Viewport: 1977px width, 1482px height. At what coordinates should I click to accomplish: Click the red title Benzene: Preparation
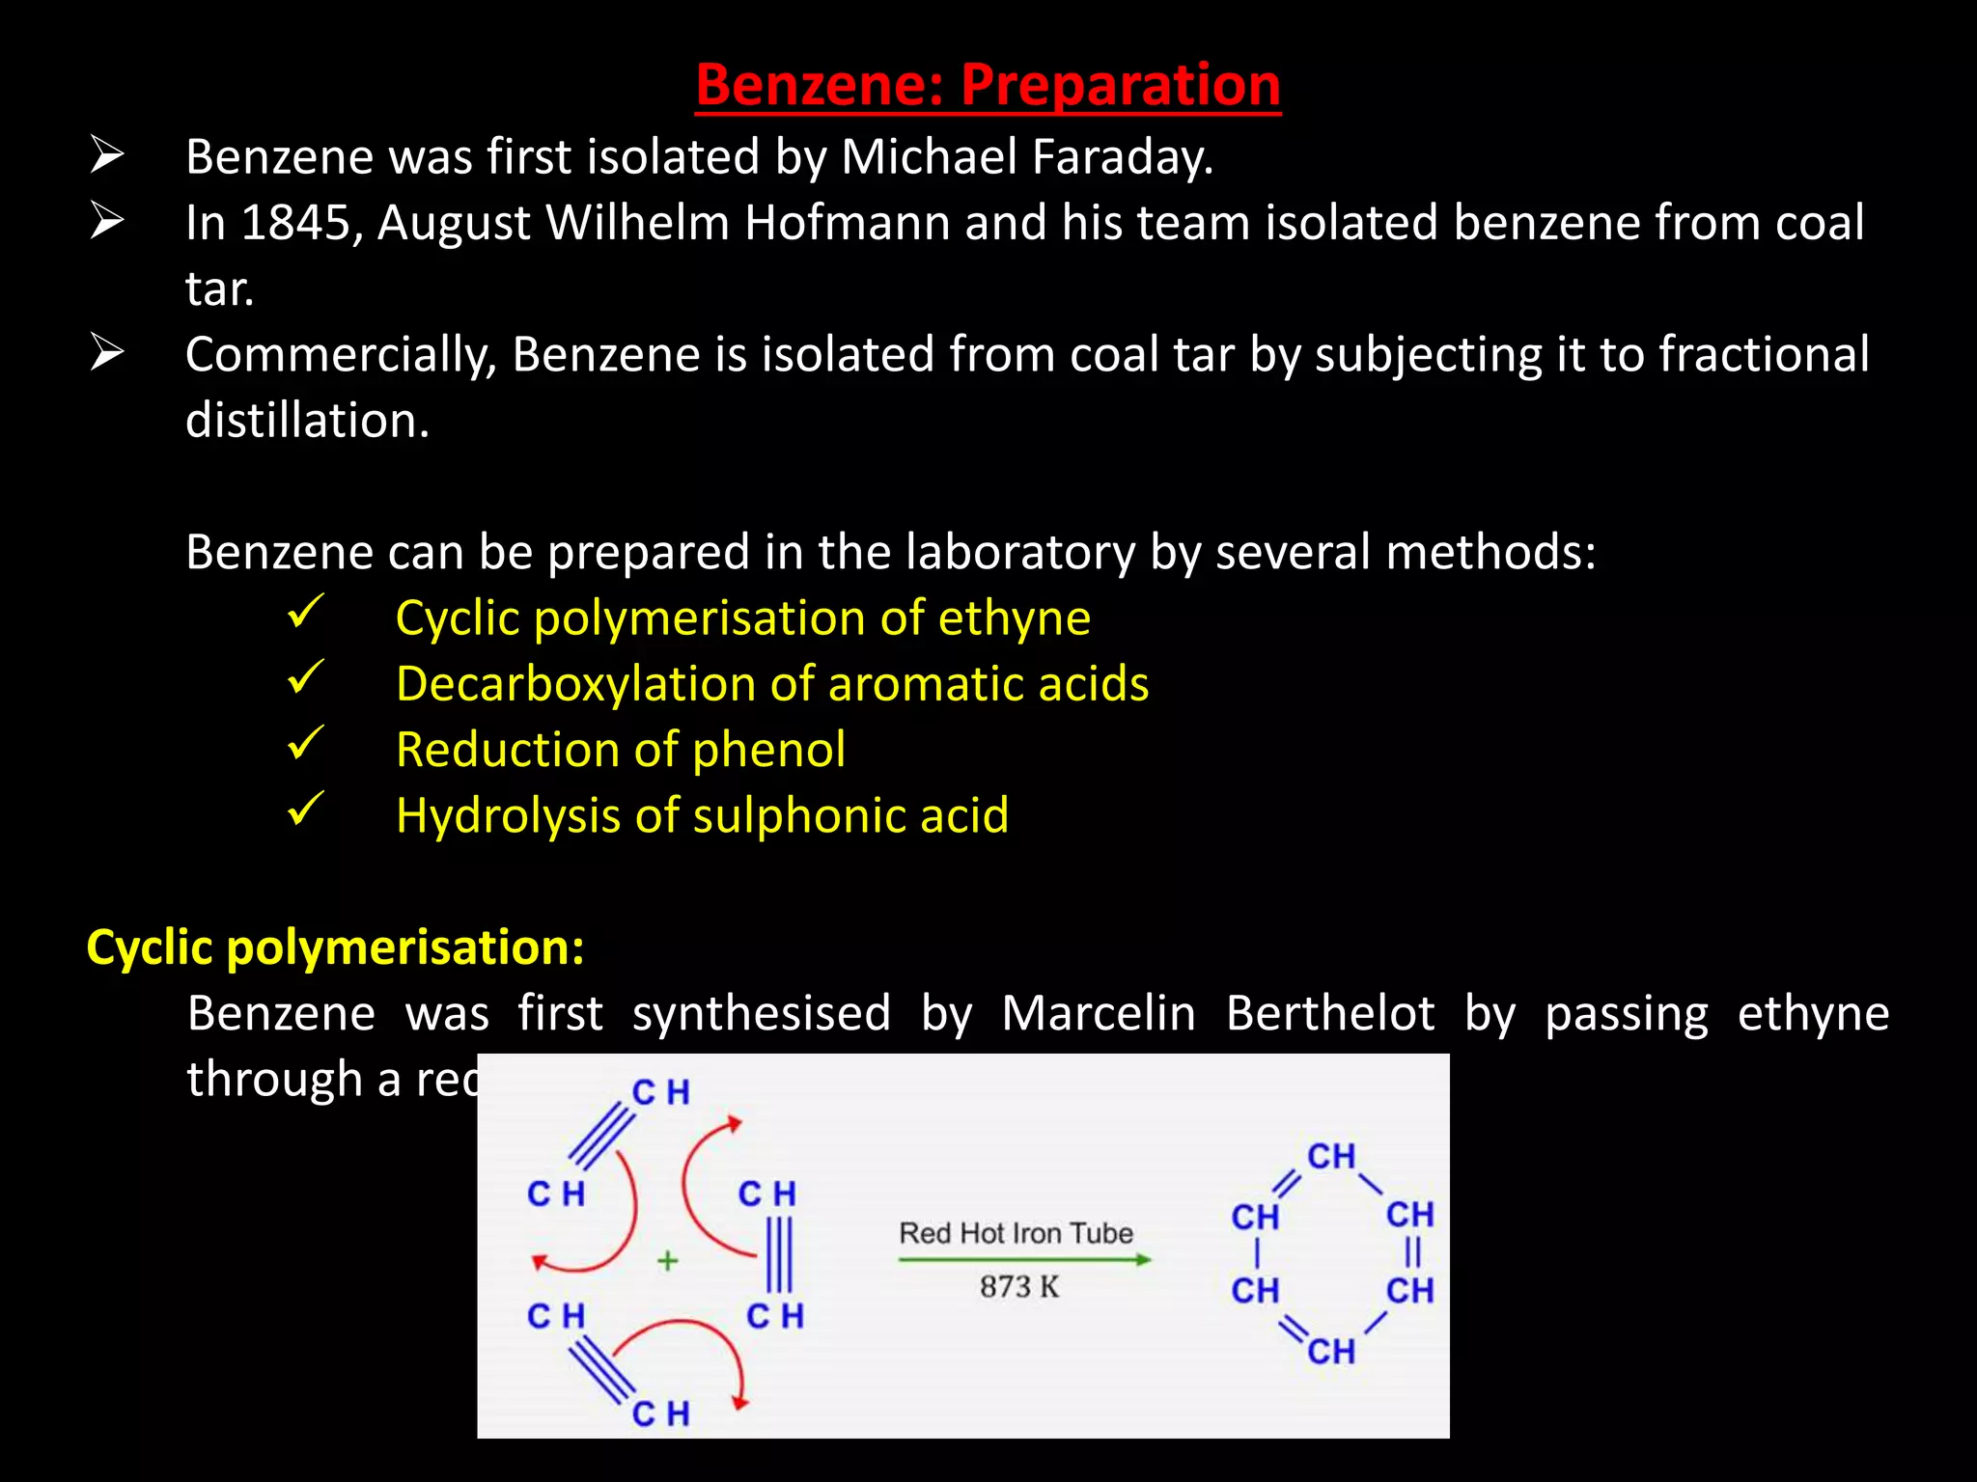[x=988, y=85]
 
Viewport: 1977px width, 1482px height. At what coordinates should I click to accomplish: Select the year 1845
[x=294, y=223]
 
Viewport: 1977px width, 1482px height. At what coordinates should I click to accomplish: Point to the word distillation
[x=306, y=421]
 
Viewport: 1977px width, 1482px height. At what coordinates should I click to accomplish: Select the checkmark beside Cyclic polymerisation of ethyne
[x=305, y=613]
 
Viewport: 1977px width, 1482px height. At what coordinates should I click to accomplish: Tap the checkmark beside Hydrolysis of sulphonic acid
[x=305, y=810]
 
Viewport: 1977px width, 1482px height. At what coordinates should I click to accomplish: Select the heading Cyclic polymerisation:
[x=335, y=947]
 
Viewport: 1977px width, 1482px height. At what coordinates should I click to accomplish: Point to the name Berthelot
[x=1329, y=1014]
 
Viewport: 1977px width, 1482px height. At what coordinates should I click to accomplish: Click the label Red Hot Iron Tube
[x=1016, y=1233]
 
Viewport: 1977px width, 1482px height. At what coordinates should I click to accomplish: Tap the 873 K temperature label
[x=1019, y=1286]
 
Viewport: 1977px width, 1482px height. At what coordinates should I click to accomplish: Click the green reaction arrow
[x=1023, y=1259]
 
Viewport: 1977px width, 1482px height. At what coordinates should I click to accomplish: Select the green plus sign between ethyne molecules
[x=667, y=1261]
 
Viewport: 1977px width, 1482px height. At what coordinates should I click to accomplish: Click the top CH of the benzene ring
[x=1331, y=1156]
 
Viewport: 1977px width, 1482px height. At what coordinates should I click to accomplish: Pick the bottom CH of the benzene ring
[x=1331, y=1352]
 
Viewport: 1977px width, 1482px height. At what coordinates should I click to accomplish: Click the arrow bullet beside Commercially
[x=106, y=352]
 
